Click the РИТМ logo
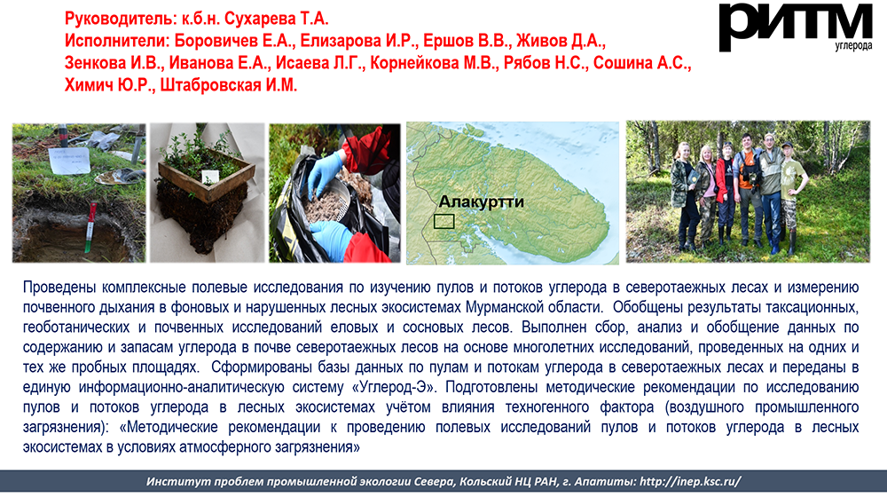click(796, 25)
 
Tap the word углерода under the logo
click(853, 45)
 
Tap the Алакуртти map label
click(482, 201)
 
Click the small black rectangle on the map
click(444, 221)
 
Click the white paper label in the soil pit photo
click(69, 161)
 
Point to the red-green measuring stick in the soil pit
click(90, 227)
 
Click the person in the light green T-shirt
click(791, 195)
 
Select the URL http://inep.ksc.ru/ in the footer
click(690, 482)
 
